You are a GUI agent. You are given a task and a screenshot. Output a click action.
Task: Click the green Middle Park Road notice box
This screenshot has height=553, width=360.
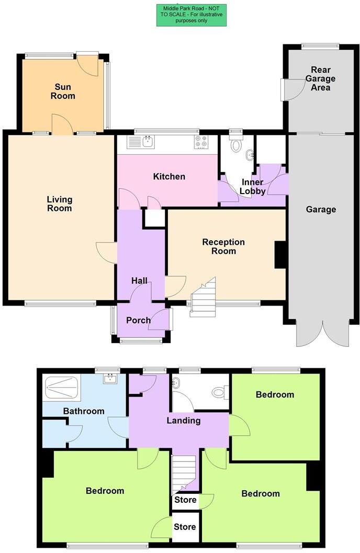click(x=191, y=15)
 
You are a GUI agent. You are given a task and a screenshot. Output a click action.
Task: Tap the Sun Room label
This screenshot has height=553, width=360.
click(x=62, y=92)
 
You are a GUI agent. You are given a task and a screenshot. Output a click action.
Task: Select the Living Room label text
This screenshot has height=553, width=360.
click(x=59, y=204)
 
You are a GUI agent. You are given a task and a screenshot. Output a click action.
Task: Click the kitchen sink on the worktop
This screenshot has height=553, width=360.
click(x=148, y=141)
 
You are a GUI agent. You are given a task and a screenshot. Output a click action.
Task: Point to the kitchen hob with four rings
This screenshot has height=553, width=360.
click(x=201, y=141)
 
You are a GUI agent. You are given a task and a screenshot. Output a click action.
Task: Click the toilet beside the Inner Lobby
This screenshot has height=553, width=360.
click(x=236, y=145)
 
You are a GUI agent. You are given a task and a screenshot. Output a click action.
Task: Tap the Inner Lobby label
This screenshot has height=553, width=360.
click(x=252, y=186)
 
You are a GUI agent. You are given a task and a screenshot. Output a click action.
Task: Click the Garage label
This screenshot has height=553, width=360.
click(x=321, y=209)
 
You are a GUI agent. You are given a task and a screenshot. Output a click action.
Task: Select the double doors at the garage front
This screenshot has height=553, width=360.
click(x=322, y=332)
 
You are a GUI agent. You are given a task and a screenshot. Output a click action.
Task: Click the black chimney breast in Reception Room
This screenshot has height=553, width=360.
click(x=280, y=255)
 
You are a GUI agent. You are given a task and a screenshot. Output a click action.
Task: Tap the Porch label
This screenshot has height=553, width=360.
click(x=139, y=320)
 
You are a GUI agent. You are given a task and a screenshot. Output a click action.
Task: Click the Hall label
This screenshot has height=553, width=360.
click(x=139, y=281)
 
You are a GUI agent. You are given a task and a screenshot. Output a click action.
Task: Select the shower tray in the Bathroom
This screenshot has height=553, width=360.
click(x=62, y=389)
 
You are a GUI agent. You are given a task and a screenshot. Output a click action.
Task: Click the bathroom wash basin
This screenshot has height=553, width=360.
click(x=110, y=379)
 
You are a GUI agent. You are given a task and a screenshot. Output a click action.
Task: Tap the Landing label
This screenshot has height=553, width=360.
click(x=184, y=420)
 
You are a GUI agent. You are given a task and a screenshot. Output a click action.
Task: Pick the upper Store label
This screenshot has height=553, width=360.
click(x=185, y=500)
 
